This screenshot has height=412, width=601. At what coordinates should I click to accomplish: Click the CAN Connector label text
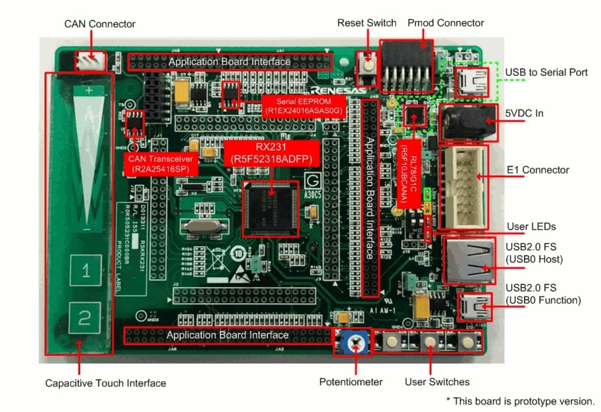(100, 24)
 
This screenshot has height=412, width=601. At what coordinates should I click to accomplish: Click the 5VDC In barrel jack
(467, 122)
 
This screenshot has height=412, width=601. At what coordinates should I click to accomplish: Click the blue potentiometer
(353, 342)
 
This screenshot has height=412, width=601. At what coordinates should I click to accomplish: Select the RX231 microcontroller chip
(269, 209)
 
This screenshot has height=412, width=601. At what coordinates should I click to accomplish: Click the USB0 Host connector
(469, 262)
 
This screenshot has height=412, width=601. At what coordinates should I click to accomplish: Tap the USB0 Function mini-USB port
(474, 307)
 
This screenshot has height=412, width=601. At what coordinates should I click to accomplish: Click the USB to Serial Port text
(546, 72)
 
